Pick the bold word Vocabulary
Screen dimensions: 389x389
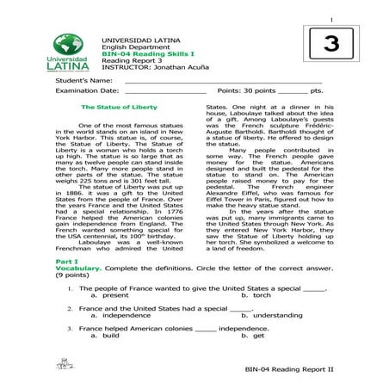click(77, 268)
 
